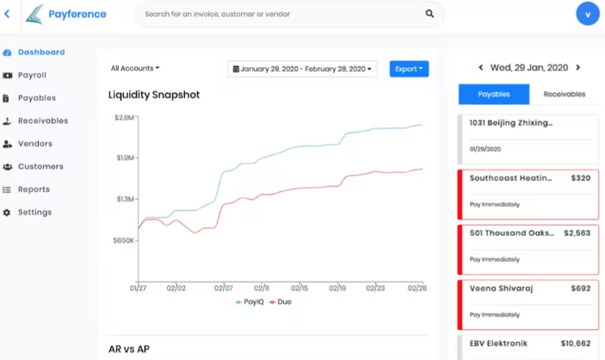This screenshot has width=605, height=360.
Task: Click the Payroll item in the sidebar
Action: click(x=32, y=76)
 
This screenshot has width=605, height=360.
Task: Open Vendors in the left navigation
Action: click(x=34, y=144)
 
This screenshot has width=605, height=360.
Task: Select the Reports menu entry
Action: click(x=34, y=189)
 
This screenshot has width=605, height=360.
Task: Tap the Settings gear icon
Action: click(x=7, y=213)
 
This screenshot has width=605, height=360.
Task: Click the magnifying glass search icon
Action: click(x=429, y=14)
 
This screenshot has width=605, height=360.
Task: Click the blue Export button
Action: click(x=409, y=69)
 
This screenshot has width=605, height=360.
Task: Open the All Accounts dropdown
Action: click(x=135, y=69)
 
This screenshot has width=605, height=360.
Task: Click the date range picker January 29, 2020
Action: click(x=303, y=69)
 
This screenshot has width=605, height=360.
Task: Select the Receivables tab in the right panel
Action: click(x=564, y=95)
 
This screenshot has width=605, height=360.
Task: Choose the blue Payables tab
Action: click(x=493, y=95)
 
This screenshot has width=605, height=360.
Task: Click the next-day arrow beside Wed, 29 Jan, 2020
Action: click(x=578, y=67)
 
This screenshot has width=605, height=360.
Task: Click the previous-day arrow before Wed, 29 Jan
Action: click(x=480, y=67)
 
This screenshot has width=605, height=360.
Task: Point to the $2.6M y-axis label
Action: click(x=124, y=117)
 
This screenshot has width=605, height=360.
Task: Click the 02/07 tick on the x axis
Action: click(x=224, y=289)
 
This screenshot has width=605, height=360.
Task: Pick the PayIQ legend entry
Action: click(x=250, y=302)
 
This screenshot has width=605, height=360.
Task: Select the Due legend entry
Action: click(x=281, y=302)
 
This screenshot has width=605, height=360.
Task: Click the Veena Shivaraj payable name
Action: click(x=501, y=289)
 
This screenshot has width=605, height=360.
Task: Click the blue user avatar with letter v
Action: click(x=588, y=14)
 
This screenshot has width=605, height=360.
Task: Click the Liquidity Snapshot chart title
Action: click(x=154, y=95)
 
